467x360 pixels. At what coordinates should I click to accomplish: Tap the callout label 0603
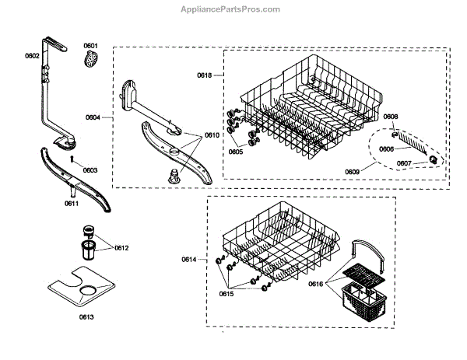point(90,170)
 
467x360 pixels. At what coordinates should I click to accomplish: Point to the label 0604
point(93,117)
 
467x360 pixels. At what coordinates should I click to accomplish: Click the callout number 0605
point(235,152)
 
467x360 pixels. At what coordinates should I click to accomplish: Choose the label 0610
point(212,135)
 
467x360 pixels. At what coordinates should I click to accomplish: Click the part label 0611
point(72,203)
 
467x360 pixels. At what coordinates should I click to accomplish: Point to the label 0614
point(189,260)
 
